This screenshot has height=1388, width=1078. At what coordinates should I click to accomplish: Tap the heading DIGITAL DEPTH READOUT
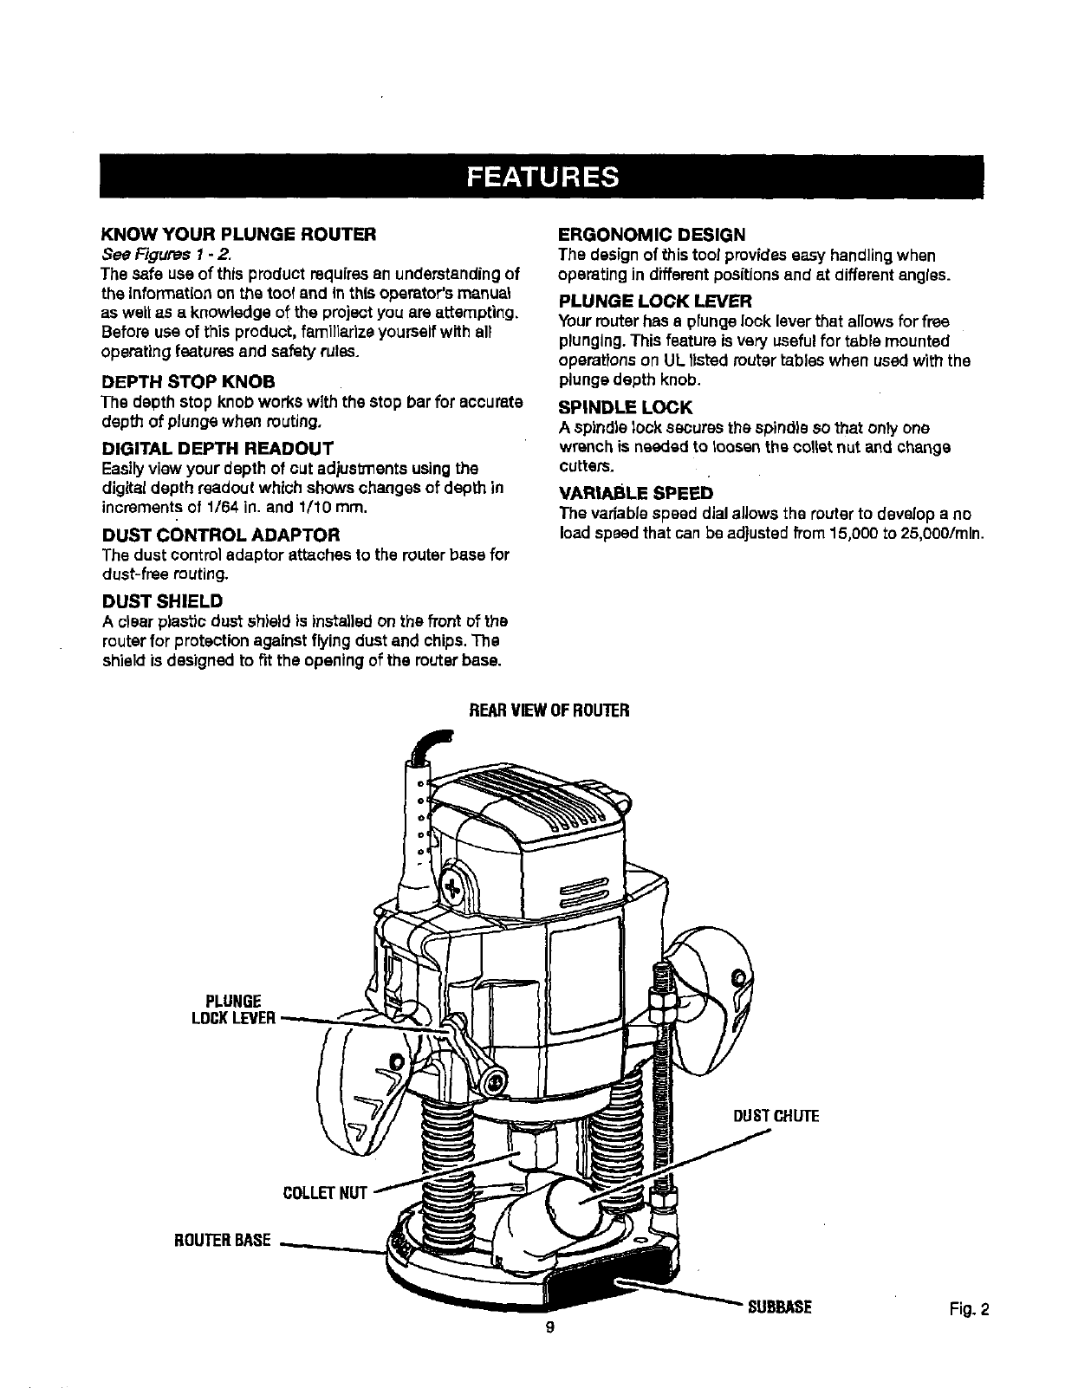pyautogui.click(x=217, y=448)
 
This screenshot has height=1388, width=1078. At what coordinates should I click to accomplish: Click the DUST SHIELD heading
pyautogui.click(x=162, y=601)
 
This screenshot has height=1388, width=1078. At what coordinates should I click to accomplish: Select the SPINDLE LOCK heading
pyautogui.click(x=626, y=407)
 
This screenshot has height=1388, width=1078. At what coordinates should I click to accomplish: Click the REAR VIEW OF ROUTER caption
pyautogui.click(x=548, y=711)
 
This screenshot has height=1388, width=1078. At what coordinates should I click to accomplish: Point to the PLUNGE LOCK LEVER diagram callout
pyautogui.click(x=233, y=1009)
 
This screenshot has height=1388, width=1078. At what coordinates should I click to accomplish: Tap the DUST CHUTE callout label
pyautogui.click(x=776, y=1116)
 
